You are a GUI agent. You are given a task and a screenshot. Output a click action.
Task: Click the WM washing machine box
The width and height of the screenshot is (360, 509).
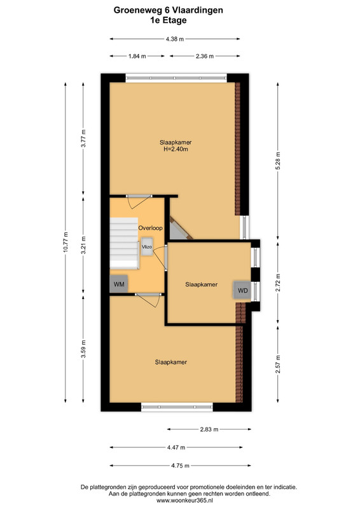point(119,284)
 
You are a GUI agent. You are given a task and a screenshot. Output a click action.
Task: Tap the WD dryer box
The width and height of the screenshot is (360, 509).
point(242,290)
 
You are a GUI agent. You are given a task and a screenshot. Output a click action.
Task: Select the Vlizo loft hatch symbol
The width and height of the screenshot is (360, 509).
point(147,247)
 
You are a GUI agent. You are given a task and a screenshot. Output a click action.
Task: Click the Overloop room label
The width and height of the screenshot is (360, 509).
point(150,228)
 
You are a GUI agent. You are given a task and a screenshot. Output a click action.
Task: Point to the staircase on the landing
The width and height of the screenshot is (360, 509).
point(124,243)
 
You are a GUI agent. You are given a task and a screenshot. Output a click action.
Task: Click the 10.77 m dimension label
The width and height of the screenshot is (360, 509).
point(66,242)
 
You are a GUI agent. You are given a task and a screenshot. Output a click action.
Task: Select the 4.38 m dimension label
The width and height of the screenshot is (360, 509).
point(175,39)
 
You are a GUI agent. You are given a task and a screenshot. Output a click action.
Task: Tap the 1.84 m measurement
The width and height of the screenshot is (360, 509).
point(137,56)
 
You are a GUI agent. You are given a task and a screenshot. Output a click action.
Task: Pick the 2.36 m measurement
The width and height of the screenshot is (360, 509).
point(205,56)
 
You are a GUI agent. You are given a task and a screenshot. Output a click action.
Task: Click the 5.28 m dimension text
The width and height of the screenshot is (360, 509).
point(278,161)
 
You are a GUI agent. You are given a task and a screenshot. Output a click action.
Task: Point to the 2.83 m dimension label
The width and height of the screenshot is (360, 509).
point(209,429)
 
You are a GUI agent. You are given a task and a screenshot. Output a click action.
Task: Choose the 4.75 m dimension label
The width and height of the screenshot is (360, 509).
point(180,466)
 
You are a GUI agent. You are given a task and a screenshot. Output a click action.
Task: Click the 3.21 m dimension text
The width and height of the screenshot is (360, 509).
point(83,246)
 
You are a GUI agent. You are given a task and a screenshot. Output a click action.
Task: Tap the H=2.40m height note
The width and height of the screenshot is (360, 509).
point(176,150)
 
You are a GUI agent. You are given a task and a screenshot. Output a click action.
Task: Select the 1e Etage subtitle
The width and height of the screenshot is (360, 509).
point(168,20)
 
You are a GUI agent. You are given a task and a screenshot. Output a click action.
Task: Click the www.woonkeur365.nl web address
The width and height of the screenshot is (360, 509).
point(190,500)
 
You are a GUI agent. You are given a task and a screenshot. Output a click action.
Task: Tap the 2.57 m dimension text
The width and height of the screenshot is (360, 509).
point(278,364)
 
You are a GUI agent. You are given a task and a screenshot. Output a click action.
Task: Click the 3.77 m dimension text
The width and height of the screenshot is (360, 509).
point(83,138)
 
